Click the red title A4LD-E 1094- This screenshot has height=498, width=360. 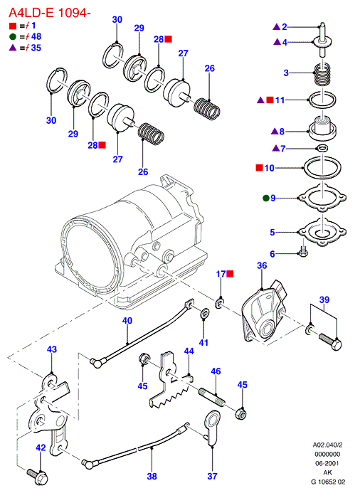(x=49, y=13)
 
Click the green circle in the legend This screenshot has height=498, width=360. (x=13, y=37)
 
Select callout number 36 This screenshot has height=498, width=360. (x=262, y=265)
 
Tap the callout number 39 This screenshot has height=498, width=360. (x=324, y=300)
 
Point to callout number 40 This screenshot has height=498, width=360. (x=127, y=320)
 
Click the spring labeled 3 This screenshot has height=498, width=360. (x=322, y=74)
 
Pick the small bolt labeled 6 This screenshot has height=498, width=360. (x=303, y=251)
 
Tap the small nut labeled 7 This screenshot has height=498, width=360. (x=322, y=148)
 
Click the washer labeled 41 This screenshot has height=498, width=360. (x=204, y=313)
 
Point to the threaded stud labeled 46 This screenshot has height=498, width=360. (x=212, y=396)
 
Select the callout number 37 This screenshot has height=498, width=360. (x=212, y=476)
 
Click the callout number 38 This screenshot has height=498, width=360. (x=152, y=476)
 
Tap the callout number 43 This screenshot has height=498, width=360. (x=52, y=349)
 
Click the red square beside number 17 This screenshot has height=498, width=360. (x=230, y=273)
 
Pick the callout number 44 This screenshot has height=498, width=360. (x=189, y=351)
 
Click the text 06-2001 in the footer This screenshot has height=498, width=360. (x=327, y=463)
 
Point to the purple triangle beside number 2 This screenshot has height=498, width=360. (x=277, y=27)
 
